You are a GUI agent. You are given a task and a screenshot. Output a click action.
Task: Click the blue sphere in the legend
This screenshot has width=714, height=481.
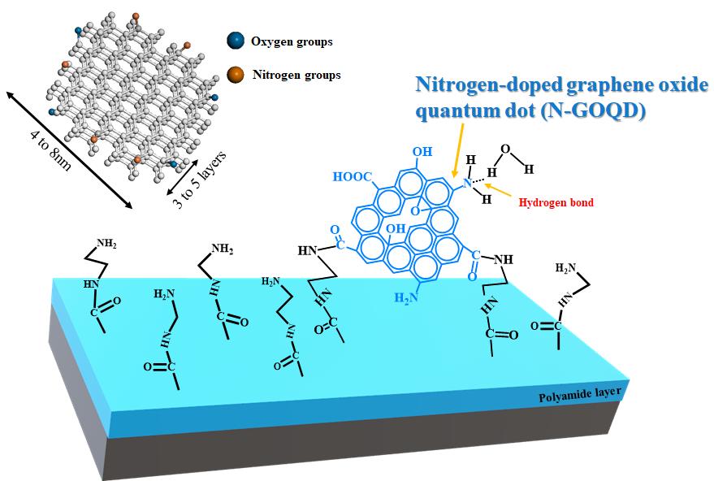coord(235,41)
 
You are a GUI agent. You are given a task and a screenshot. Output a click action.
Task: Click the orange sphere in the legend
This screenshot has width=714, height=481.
coord(235,75)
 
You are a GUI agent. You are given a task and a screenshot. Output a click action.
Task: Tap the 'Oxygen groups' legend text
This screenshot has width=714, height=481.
coord(292,41)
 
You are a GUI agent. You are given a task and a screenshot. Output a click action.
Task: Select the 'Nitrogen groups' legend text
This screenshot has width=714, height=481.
coord(296,75)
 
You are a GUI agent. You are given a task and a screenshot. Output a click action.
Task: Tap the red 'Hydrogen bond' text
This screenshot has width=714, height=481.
coord(556,202)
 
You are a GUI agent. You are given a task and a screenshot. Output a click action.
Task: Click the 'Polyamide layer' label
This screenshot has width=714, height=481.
coord(580,396)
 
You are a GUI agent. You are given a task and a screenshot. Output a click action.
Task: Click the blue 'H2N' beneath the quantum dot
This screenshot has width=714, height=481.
coord(406,298)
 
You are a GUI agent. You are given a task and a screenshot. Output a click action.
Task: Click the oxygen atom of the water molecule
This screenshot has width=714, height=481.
coord(504,149)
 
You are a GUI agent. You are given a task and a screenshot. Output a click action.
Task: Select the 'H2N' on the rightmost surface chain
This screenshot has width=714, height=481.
coord(566,267)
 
